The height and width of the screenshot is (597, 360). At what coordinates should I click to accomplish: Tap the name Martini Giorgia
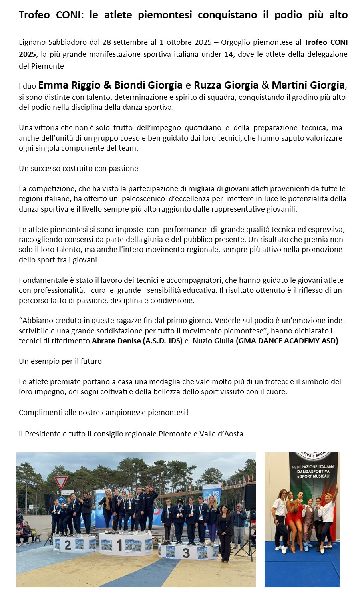point(308,85)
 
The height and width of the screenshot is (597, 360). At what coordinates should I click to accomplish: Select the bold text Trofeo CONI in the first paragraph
point(326,42)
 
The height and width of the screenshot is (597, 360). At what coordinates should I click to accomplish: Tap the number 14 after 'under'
point(229,54)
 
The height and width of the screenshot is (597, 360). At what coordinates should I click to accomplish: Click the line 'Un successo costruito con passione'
point(78,169)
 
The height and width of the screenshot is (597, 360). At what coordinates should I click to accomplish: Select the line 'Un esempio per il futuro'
point(60,361)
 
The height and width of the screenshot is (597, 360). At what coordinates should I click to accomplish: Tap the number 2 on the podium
point(68,545)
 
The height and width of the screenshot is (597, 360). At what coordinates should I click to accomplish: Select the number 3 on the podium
point(186,553)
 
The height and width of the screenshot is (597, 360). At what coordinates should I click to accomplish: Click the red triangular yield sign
point(61,482)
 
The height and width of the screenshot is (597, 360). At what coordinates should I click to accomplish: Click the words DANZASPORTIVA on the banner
point(313,472)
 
